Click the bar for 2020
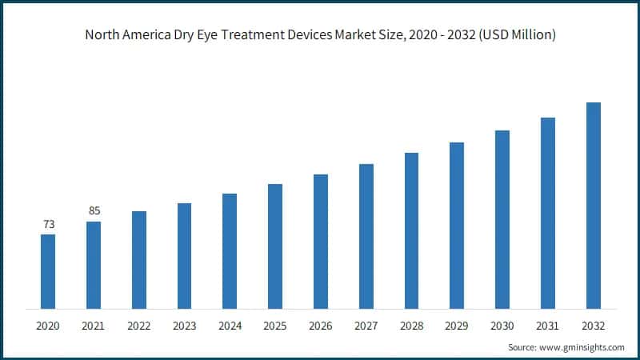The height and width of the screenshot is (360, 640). click(x=48, y=271)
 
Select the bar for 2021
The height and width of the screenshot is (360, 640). click(x=94, y=265)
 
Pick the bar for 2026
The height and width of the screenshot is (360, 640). click(x=321, y=241)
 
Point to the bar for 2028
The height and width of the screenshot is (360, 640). click(x=411, y=230)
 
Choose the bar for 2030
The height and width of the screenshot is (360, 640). click(x=502, y=219)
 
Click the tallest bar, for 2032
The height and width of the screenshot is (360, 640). click(x=593, y=206)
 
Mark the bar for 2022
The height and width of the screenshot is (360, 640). click(x=139, y=260)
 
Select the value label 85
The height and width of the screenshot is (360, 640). click(x=94, y=211)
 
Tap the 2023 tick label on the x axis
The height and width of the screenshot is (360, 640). click(x=184, y=326)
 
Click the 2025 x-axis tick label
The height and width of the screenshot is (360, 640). click(x=275, y=326)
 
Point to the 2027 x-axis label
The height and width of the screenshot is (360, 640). click(x=366, y=326)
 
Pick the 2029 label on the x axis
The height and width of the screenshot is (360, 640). click(x=457, y=326)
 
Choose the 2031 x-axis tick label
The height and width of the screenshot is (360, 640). click(x=547, y=326)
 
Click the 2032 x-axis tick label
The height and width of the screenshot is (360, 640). click(x=593, y=326)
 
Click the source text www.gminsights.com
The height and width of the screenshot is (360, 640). click(x=584, y=347)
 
